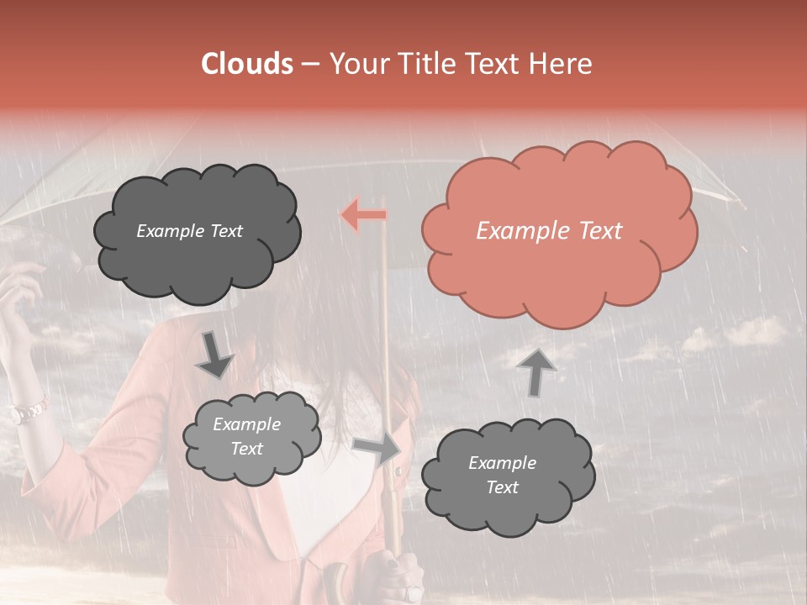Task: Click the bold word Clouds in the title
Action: coord(247,64)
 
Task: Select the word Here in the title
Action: coord(561,64)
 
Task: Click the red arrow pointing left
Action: coord(364,215)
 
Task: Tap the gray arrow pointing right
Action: coord(377,449)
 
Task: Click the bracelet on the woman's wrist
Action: coord(29,411)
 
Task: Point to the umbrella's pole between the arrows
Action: coord(386,336)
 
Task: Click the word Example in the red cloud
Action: coord(516,231)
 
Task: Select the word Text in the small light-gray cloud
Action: coord(247,449)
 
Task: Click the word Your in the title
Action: coord(359,64)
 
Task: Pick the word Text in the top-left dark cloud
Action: coord(224,231)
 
